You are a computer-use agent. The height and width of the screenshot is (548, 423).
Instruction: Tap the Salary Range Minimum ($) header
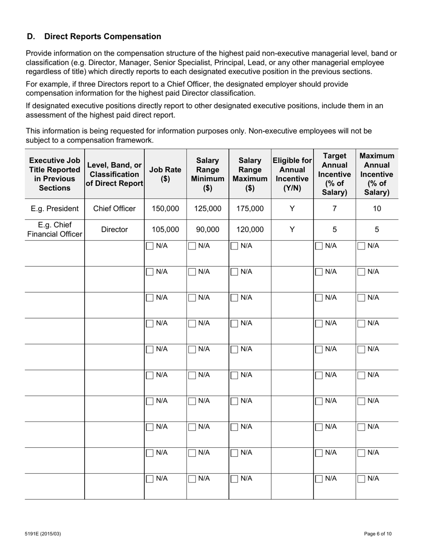(207, 174)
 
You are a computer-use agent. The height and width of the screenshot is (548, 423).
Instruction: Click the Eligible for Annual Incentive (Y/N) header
(292, 174)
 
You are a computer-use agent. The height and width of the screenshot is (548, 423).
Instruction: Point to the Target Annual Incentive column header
(334, 174)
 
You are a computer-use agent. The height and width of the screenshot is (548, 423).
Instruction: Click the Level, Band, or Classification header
(114, 174)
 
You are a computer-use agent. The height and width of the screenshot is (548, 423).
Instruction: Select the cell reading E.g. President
(54, 209)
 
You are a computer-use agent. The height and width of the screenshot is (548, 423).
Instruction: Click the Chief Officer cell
(114, 209)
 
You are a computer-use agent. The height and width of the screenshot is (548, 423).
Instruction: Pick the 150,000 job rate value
(165, 209)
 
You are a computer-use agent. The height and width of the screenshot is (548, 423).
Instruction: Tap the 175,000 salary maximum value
(250, 209)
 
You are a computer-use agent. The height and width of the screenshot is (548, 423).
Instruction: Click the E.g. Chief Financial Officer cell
(54, 229)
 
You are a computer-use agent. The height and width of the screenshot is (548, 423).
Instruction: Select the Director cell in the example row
(114, 229)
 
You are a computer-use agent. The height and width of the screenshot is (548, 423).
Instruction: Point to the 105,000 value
(165, 229)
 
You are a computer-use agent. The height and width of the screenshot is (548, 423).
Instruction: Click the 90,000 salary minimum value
(207, 229)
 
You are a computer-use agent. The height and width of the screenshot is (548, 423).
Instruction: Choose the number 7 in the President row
(334, 209)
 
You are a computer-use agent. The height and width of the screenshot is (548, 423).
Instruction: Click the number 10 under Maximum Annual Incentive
(377, 209)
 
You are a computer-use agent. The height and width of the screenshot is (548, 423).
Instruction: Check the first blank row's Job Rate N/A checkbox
(150, 246)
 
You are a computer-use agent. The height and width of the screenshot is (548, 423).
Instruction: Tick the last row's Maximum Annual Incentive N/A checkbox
(362, 479)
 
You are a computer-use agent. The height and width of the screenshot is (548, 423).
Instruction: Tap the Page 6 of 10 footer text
(378, 534)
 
